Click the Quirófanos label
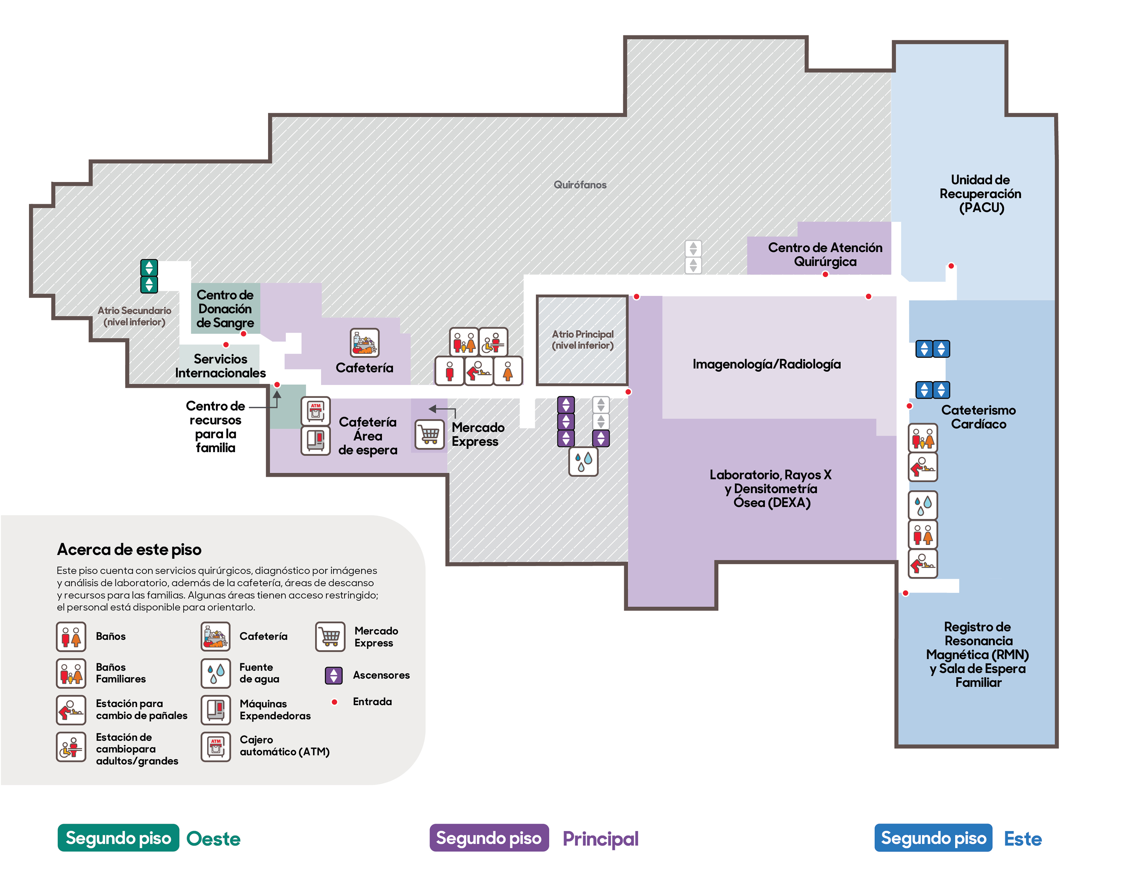tap(580, 185)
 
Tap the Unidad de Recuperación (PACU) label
tap(980, 193)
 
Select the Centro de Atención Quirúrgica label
tap(825, 254)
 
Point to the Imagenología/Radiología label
tap(766, 364)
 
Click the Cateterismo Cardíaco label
tap(978, 417)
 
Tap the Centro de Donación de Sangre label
tap(225, 309)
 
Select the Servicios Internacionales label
tap(220, 365)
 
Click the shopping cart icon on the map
tap(429, 434)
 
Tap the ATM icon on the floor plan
tap(316, 411)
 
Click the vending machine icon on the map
tap(316, 440)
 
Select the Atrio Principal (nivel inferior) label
tap(582, 340)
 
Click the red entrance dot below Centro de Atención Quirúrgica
tap(825, 274)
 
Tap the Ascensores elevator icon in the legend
tap(333, 675)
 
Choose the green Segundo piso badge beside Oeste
tap(118, 838)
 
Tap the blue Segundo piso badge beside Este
tap(933, 838)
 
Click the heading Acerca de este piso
tap(129, 549)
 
